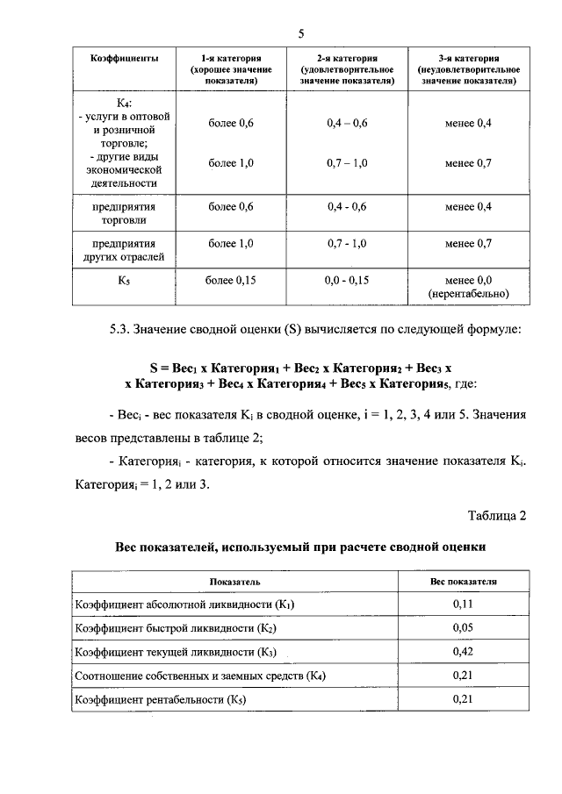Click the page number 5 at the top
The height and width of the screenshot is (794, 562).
click(300, 34)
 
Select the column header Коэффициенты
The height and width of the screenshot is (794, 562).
click(125, 58)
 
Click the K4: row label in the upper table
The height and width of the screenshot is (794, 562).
click(125, 103)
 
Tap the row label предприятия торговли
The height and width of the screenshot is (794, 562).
click(125, 213)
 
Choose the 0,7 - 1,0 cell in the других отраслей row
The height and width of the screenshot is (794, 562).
click(346, 243)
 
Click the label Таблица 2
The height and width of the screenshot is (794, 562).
click(496, 515)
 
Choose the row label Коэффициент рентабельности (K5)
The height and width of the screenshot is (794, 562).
click(161, 699)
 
